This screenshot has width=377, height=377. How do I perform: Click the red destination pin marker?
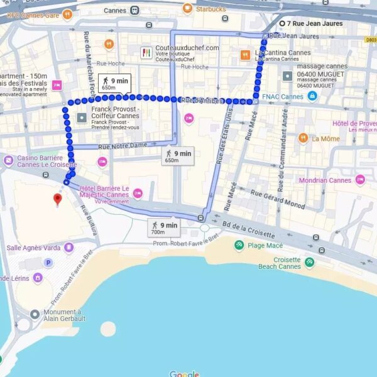pos(58,199)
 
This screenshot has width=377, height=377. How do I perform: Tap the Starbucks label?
pos(210,9)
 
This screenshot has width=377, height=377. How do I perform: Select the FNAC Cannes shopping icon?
pos(312,96)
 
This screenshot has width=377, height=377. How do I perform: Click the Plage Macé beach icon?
pos(239,245)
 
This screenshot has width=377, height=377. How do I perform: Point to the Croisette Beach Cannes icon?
pos(309,262)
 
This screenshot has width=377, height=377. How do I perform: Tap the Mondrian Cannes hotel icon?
pos(360,180)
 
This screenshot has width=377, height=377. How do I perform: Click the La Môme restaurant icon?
pos(303,138)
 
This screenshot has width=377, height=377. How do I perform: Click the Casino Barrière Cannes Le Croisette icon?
pos(8,160)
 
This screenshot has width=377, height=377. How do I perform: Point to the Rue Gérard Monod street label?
pos(278,199)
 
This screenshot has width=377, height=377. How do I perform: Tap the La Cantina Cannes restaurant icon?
pos(245,55)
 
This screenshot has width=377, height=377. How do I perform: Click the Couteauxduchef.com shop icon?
pos(146,53)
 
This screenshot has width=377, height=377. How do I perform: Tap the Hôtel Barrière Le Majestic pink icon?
pos(138,193)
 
